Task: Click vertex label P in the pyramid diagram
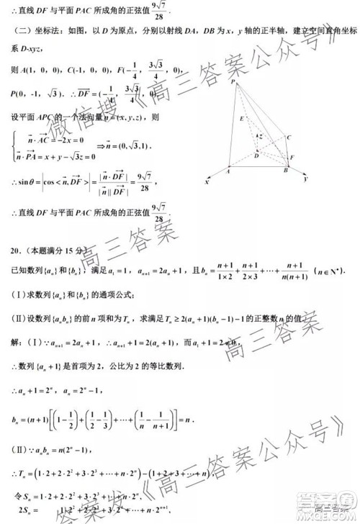[x=234, y=83]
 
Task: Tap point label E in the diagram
[x=240, y=118]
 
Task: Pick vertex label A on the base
[x=228, y=172]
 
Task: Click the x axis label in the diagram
[x=206, y=183]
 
